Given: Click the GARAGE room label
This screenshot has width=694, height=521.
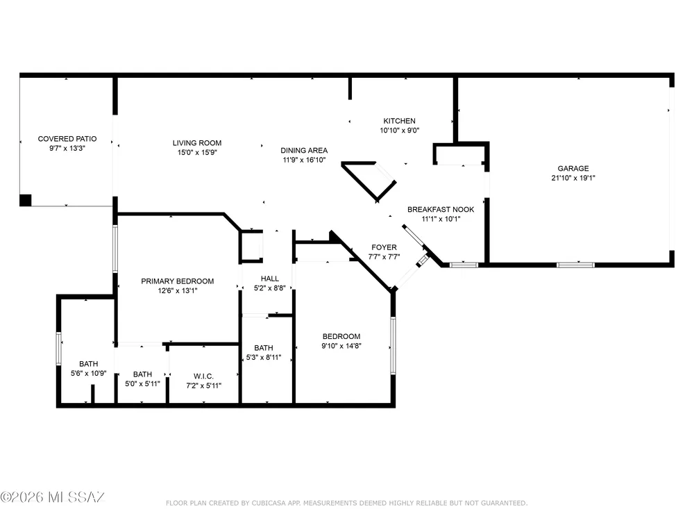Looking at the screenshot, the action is click(x=573, y=168).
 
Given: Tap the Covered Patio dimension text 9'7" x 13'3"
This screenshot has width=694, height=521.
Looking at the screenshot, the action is click(x=67, y=149).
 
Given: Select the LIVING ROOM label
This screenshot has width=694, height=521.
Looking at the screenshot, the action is click(x=197, y=142).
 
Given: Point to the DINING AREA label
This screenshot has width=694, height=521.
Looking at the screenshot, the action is click(x=304, y=150).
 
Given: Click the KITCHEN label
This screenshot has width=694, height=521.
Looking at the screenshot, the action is click(x=399, y=121).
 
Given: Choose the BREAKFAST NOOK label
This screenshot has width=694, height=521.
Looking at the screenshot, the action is click(x=441, y=209).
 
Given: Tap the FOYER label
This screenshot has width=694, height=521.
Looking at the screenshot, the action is click(x=384, y=247).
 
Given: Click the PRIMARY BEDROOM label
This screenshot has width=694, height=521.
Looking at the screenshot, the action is click(x=177, y=281).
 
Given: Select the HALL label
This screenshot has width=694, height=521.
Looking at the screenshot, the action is click(x=269, y=279).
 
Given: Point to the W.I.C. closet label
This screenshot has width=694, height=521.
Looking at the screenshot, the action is click(x=203, y=376).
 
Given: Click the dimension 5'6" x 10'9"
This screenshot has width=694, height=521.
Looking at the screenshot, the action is click(x=89, y=374).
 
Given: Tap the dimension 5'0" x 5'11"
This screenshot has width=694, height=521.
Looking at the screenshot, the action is click(x=142, y=383).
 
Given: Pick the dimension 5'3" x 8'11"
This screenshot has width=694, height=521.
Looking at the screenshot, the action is click(x=263, y=358).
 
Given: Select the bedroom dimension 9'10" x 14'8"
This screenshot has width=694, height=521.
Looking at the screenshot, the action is click(x=341, y=346).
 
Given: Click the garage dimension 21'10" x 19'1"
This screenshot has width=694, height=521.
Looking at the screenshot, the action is click(x=573, y=178).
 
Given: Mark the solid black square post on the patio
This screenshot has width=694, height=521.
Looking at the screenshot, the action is click(x=25, y=200).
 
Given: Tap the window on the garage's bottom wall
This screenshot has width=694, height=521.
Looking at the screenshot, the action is click(x=575, y=265).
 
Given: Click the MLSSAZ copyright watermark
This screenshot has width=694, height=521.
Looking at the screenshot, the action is click(x=52, y=497).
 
